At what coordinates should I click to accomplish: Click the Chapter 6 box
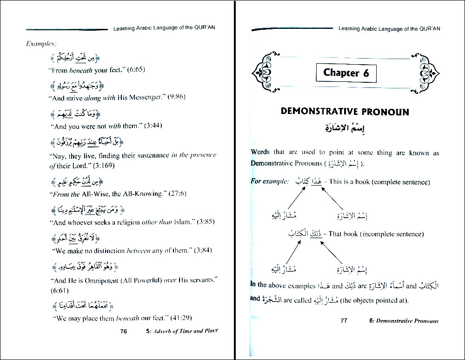coord(346,73)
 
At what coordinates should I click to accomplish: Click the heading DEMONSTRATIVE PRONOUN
coord(345,112)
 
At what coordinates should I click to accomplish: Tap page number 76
coord(123,331)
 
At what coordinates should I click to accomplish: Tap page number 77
coord(344,320)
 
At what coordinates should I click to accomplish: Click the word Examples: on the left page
coord(41,44)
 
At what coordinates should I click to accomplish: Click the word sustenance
coord(149,156)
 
